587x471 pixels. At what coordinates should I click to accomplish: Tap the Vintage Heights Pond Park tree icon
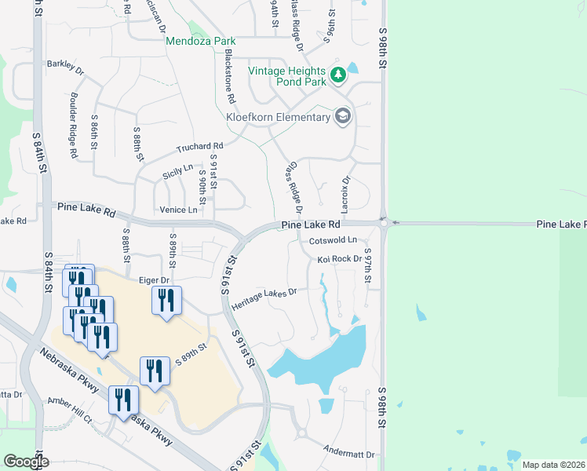(338, 75)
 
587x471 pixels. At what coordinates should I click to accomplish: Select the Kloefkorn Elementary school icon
(342, 117)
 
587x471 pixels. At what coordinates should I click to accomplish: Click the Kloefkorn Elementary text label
(278, 118)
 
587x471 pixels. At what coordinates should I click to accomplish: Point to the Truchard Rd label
(200, 147)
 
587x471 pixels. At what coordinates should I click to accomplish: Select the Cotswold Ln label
(333, 240)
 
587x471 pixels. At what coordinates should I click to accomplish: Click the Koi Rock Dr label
(340, 258)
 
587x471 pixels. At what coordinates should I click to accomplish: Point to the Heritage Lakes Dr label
(264, 298)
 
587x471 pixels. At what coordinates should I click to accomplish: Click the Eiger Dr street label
(155, 279)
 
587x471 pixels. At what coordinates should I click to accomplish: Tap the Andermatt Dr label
(349, 451)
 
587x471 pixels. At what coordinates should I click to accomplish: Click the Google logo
(26, 462)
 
